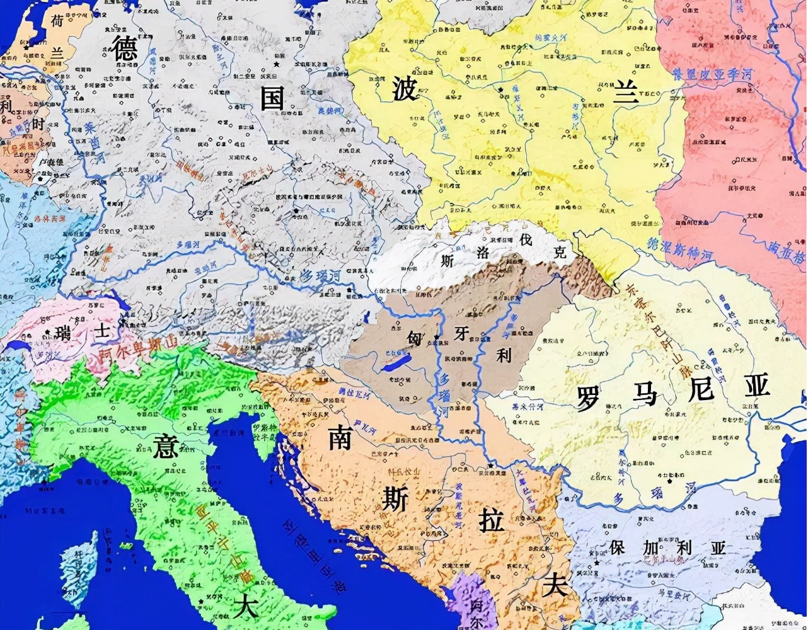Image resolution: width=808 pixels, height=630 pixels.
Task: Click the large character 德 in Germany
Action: click(125, 47)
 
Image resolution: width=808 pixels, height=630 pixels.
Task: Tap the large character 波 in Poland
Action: click(403, 88)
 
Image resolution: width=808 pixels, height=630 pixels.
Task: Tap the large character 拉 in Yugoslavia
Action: click(492, 521)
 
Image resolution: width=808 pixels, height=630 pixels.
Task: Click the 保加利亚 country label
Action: click(667, 547)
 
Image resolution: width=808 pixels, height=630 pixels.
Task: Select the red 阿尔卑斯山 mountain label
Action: click(129, 353)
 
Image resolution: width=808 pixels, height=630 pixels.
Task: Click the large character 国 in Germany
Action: click(273, 98)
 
